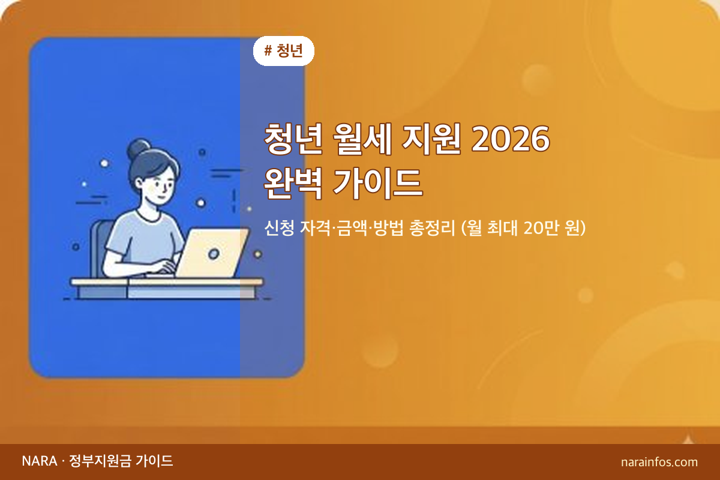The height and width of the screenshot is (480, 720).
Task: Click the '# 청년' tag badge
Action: pos(284,51)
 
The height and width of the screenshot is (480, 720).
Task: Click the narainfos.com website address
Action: pos(659,462)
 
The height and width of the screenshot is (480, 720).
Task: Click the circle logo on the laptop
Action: pos(213,254)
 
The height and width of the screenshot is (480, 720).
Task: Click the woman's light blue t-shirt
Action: pos(147,234)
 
